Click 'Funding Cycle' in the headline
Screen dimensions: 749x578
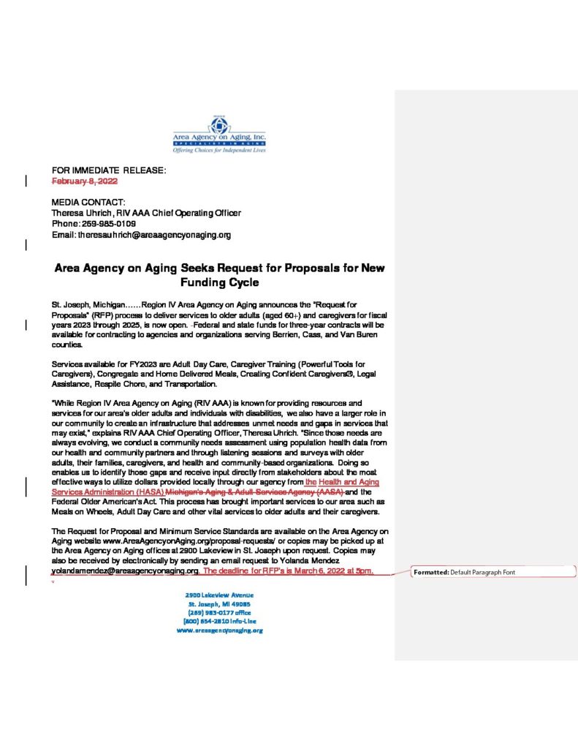tap(219, 282)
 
